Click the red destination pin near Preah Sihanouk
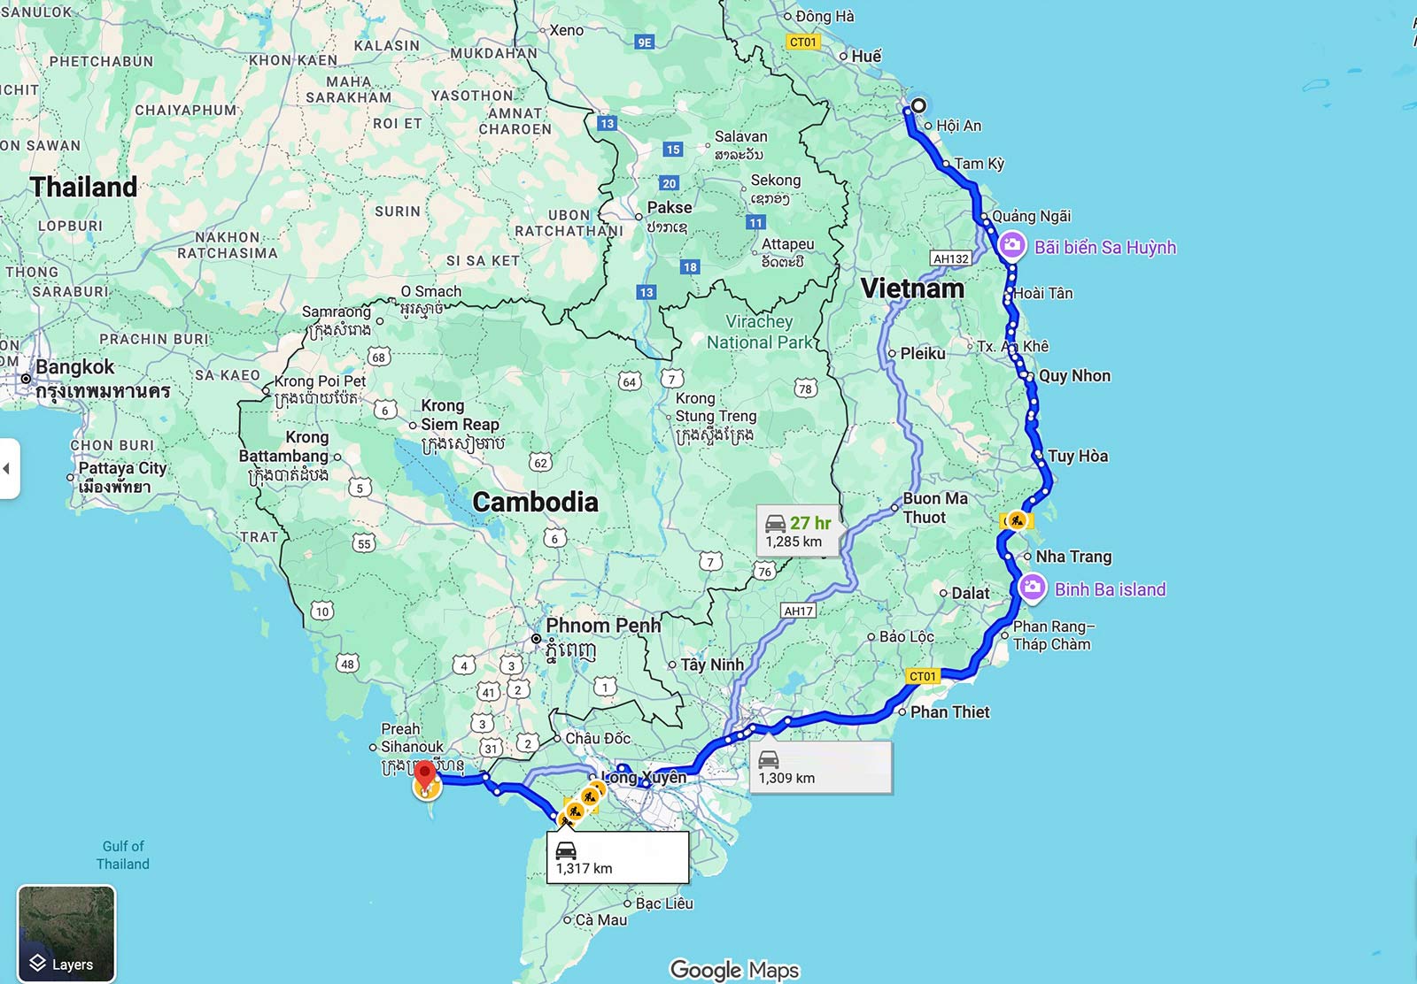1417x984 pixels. [425, 776]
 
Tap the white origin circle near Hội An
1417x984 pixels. [918, 105]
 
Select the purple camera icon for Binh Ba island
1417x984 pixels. [1032, 588]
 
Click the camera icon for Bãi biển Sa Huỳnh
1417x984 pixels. [1011, 246]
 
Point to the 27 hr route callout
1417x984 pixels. [797, 531]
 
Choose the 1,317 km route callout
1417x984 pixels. [620, 857]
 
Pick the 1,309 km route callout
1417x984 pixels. [820, 767]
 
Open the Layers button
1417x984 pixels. [66, 933]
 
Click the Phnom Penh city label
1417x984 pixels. [603, 626]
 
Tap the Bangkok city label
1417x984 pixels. [75, 367]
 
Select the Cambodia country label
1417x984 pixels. [535, 502]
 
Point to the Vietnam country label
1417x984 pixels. [912, 288]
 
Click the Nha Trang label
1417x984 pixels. [1073, 557]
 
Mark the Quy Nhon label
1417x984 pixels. [1074, 376]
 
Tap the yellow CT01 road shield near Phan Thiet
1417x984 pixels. [922, 676]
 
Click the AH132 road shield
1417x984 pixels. [950, 258]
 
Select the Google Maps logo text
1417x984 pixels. [734, 970]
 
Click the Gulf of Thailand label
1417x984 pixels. [123, 855]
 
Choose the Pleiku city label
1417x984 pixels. [922, 353]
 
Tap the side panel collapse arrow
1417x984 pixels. [7, 468]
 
